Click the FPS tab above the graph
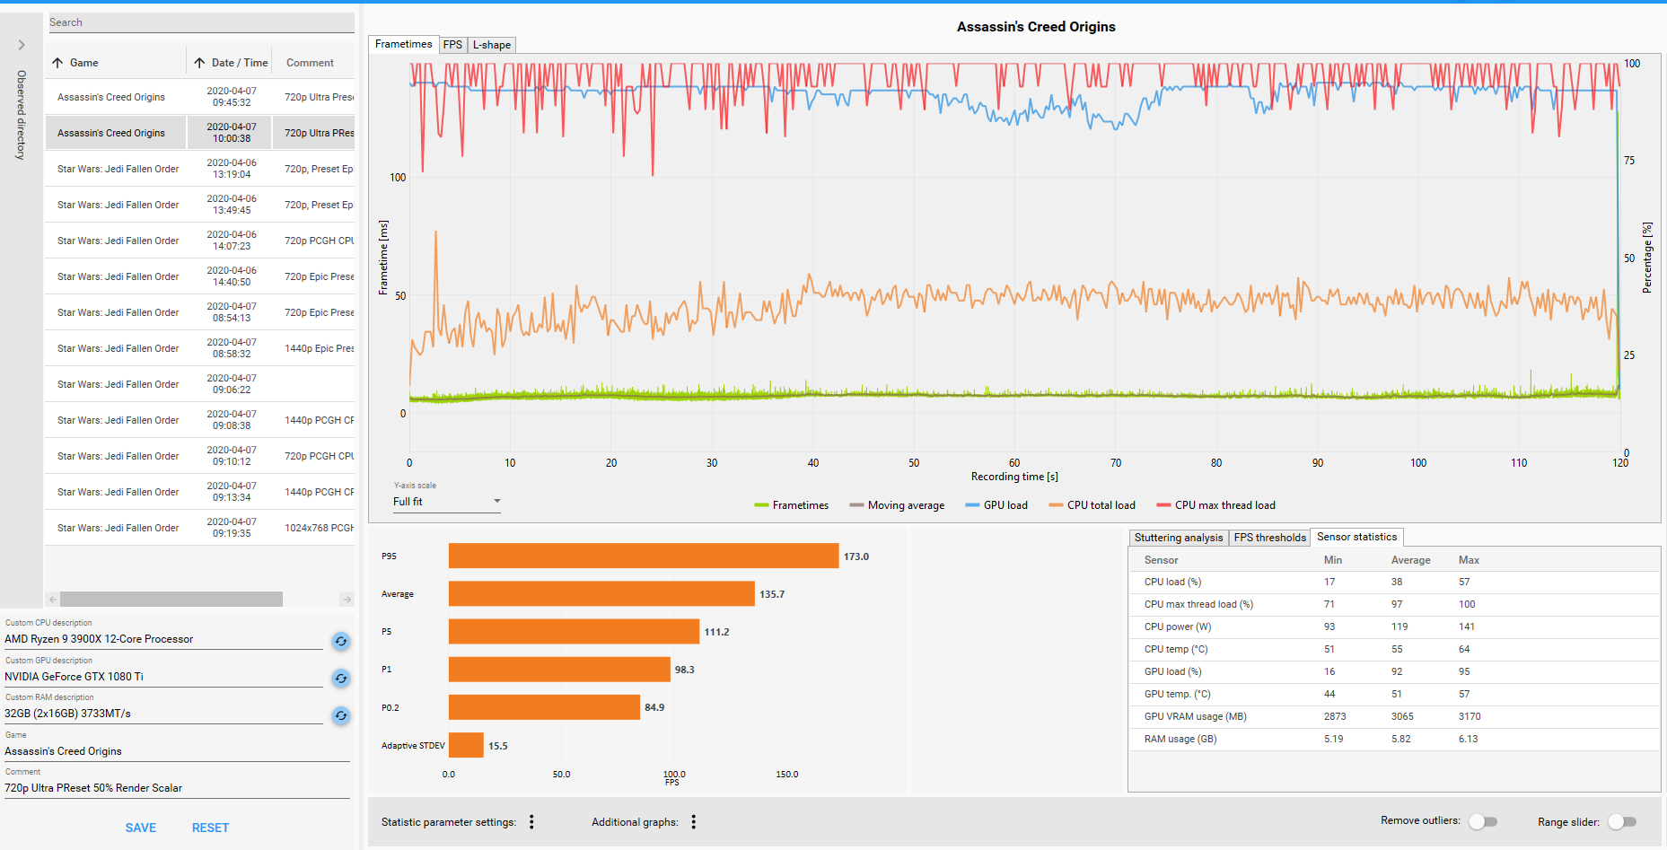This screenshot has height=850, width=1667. coord(452,45)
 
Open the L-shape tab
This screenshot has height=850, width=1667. coord(492,45)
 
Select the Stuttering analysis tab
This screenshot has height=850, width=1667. coord(1179,538)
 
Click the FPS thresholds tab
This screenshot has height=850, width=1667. coord(1269,538)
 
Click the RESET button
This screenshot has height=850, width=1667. coord(210,828)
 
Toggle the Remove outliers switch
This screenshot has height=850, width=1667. coord(1483,821)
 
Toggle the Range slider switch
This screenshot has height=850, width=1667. coord(1622,821)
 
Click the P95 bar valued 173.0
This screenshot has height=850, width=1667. coord(644,556)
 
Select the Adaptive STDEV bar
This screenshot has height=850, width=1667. coord(466,745)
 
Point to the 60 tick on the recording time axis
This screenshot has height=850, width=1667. coord(1014,463)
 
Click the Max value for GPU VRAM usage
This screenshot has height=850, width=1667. coord(1470,716)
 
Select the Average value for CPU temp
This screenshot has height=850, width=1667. coord(1397,649)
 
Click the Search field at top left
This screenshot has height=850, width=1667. coord(200,22)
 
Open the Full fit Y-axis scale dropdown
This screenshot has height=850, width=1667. coord(446,502)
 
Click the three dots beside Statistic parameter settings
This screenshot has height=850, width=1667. coord(531,821)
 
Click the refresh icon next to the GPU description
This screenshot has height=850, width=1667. coord(341,678)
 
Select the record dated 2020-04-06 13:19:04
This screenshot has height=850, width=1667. coord(200,169)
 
